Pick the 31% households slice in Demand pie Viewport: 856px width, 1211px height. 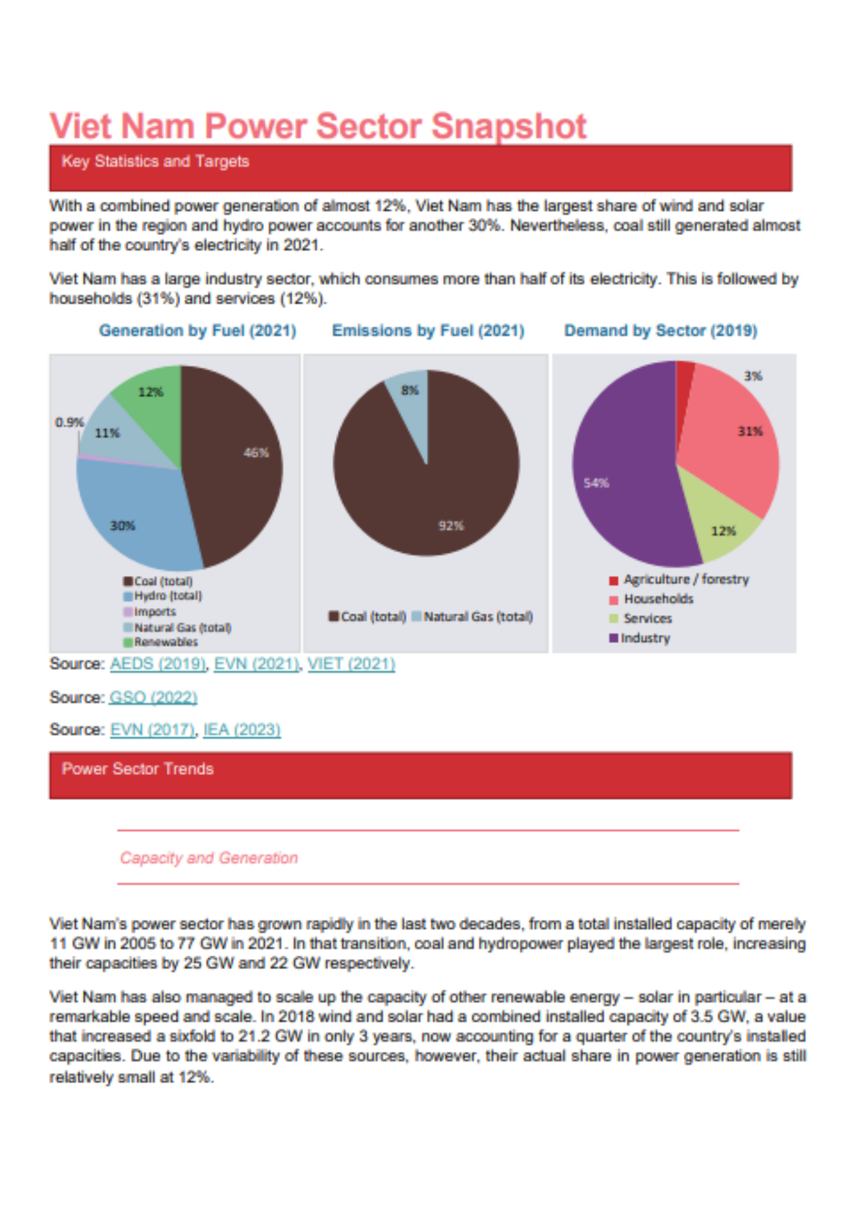[x=733, y=448]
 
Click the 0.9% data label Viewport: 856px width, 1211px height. [x=69, y=422]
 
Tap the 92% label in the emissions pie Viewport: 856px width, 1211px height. [x=451, y=526]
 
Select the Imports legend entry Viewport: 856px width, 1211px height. [x=154, y=612]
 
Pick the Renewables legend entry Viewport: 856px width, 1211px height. [x=165, y=642]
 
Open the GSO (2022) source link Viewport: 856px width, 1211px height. [x=153, y=698]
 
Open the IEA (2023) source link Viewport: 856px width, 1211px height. [x=242, y=730]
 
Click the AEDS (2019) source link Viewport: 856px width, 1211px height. [x=158, y=664]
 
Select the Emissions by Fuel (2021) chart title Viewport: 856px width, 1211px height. [x=428, y=331]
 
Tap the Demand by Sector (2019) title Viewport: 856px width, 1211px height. [x=660, y=331]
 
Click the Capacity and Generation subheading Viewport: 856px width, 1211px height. [x=209, y=858]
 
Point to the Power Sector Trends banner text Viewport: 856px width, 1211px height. [x=138, y=769]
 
